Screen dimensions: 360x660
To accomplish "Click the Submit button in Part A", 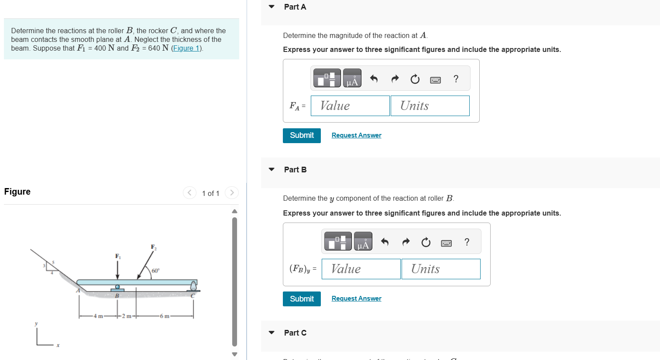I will tap(302, 135).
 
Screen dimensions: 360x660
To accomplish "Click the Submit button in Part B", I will tap(302, 299).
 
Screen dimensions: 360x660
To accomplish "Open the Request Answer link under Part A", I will tap(356, 135).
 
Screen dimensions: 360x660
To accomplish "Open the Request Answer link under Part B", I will tap(356, 298).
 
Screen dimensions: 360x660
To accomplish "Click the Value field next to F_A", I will tap(350, 106).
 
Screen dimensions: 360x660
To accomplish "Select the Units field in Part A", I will tap(430, 106).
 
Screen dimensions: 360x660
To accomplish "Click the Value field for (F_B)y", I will tap(361, 269).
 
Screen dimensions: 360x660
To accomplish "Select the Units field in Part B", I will tap(441, 269).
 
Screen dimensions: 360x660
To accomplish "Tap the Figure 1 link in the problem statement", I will tap(186, 48).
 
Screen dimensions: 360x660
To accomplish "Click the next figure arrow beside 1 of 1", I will tap(232, 192).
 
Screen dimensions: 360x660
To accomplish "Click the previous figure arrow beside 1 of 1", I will tap(189, 192).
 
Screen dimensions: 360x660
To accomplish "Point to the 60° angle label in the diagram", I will tap(155, 271).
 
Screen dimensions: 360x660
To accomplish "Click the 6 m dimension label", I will tap(165, 316).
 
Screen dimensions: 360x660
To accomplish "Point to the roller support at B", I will tap(117, 288).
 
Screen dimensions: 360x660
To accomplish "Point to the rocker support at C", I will tap(193, 287).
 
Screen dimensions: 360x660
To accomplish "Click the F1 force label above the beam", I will tap(117, 256).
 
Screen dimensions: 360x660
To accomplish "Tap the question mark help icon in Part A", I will tap(456, 79).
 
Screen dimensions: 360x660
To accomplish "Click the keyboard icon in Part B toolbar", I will tap(446, 243).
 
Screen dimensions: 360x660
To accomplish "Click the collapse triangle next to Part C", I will tap(272, 333).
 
